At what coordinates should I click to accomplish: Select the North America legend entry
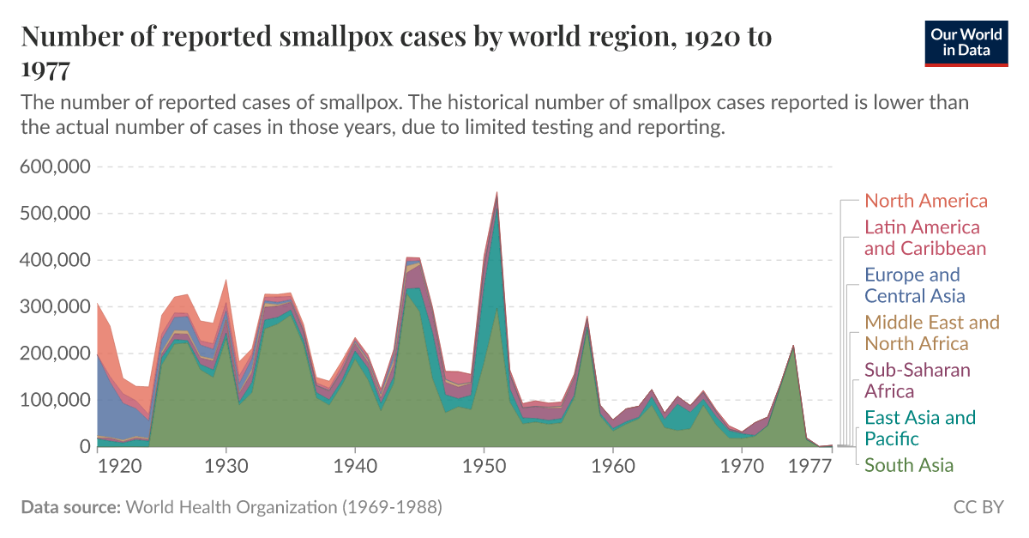(926, 201)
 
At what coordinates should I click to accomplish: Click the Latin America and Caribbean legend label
(924, 239)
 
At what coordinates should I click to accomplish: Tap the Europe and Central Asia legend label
(914, 286)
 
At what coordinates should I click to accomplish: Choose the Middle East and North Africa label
(931, 333)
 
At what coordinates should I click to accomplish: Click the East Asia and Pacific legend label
(919, 428)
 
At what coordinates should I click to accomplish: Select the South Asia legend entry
(908, 465)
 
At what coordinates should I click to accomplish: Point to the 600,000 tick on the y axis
(54, 166)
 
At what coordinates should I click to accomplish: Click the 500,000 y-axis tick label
(54, 213)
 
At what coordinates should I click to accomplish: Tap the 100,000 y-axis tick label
(54, 400)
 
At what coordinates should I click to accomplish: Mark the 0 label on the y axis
(83, 446)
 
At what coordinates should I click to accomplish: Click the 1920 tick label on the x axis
(119, 466)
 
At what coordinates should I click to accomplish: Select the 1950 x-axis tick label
(484, 466)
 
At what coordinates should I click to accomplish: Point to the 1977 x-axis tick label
(809, 466)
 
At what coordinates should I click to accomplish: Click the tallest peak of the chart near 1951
(496, 193)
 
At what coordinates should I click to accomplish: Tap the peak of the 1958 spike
(587, 317)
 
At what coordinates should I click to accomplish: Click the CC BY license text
(978, 507)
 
